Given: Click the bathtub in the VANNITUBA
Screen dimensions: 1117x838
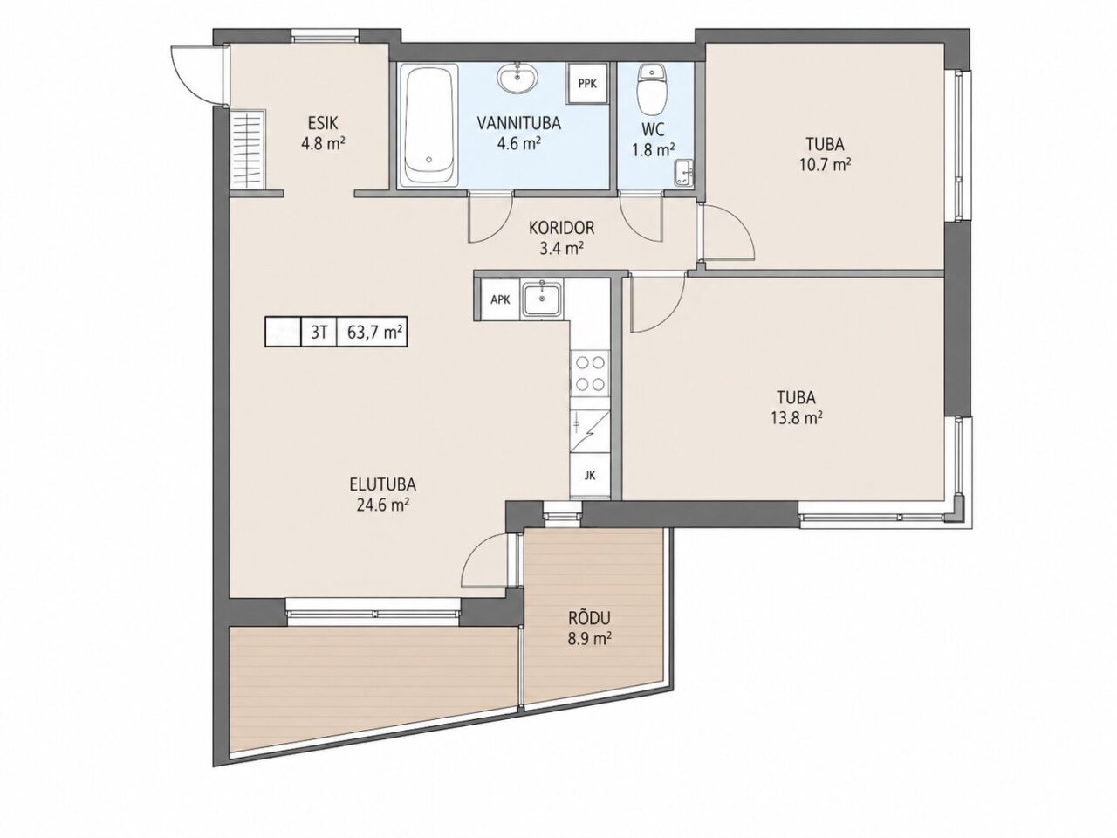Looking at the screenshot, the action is pos(429,124).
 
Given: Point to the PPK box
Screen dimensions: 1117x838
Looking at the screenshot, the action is pos(588,83).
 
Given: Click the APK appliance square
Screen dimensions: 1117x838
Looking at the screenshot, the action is pos(500,299).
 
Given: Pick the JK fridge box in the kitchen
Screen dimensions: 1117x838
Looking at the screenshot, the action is pos(590,476).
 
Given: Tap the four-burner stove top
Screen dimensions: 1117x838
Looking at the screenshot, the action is pos(590,373).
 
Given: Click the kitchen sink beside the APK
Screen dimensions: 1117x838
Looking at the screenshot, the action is pos(543,299).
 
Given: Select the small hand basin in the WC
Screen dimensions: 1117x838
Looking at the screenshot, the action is pos(683,173).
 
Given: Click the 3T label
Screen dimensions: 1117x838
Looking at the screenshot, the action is pos(319,333).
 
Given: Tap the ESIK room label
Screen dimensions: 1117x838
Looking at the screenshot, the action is pos(323,122).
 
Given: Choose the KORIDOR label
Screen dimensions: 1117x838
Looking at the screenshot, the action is pos(561,228).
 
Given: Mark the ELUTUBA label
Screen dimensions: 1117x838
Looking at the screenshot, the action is pos(383,484).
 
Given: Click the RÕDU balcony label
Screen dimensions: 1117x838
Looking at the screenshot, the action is pos(589,618).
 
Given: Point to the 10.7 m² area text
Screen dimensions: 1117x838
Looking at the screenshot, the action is pos(825,165).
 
